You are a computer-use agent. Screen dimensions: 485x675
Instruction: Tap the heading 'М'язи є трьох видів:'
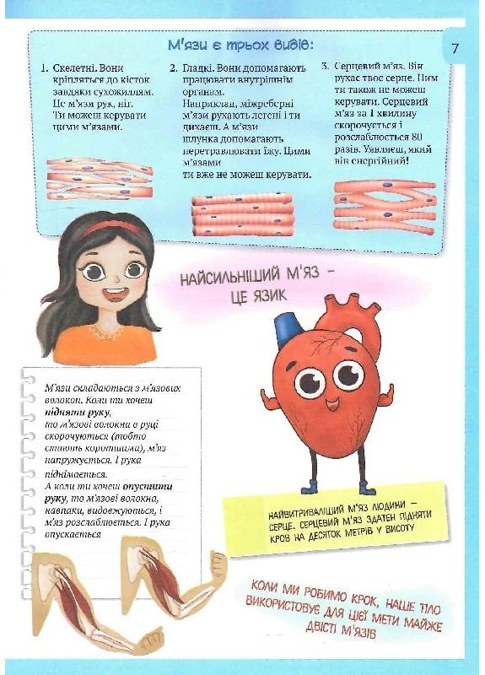240,44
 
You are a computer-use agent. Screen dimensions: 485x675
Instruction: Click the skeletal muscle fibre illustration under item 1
100,178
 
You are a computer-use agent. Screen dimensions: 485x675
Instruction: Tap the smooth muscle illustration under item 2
242,215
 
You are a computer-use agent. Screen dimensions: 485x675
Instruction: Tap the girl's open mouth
116,294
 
